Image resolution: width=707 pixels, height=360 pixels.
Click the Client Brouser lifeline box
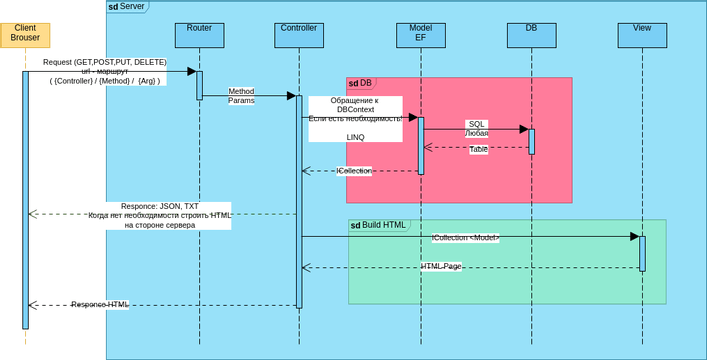[26, 32]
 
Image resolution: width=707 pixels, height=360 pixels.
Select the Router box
[199, 34]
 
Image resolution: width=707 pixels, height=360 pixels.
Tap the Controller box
[298, 34]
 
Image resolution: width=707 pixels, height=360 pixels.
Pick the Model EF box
[421, 34]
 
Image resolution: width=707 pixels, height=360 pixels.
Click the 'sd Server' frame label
[127, 7]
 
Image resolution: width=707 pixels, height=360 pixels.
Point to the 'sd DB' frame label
[360, 83]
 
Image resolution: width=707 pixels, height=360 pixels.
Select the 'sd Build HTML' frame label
[378, 225]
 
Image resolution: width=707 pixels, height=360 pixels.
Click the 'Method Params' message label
[241, 96]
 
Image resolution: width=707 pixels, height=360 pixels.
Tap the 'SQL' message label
[477, 124]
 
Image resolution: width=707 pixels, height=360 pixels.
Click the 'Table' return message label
[479, 149]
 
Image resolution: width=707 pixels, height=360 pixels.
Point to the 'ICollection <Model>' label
[466, 238]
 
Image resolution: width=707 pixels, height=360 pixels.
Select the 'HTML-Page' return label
[441, 267]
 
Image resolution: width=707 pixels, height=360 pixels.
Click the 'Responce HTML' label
[100, 304]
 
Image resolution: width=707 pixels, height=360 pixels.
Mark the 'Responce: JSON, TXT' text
[160, 206]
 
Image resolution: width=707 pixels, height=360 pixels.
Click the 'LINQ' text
[356, 137]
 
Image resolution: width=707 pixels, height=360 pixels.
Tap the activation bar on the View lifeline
[642, 254]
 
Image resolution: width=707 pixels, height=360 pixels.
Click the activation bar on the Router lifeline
[199, 85]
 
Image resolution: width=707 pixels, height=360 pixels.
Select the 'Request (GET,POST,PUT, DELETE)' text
[105, 62]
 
